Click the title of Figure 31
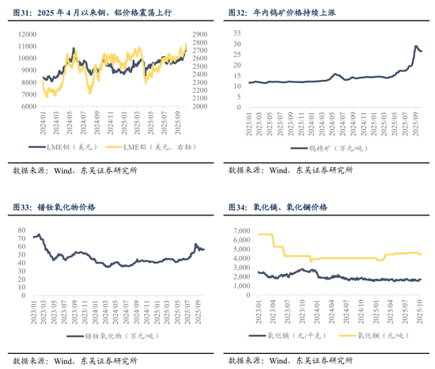pyautogui.click(x=91, y=14)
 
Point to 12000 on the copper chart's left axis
pyautogui.click(x=26, y=35)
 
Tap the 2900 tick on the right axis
pyautogui.click(x=199, y=35)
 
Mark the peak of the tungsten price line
pyautogui.click(x=416, y=47)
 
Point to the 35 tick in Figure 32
pyautogui.click(x=238, y=30)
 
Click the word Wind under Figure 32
pyautogui.click(x=278, y=169)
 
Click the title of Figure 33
pyautogui.click(x=59, y=207)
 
